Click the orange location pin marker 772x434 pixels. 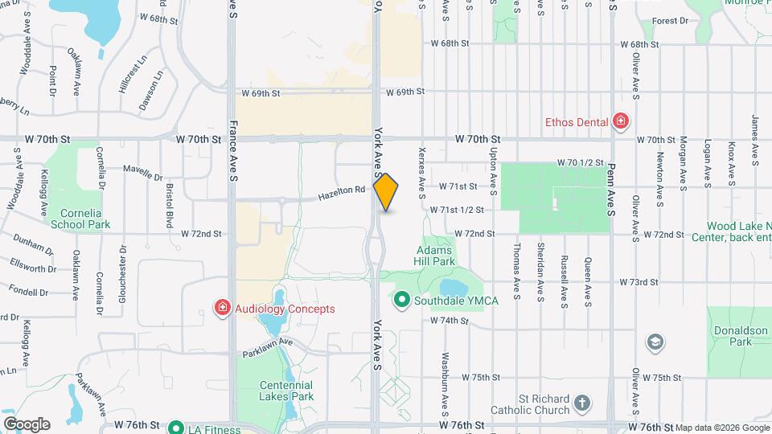(386, 192)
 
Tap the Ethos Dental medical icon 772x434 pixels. (620, 122)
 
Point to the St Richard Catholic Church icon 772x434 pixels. (583, 401)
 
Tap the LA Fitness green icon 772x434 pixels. (176, 428)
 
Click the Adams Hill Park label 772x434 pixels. (436, 256)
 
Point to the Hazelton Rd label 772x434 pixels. (341, 192)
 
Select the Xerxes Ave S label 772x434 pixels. (421, 172)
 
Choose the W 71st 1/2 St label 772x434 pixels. (456, 210)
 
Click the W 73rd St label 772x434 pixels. (639, 283)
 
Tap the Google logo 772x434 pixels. (27, 424)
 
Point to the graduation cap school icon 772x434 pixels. (655, 343)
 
